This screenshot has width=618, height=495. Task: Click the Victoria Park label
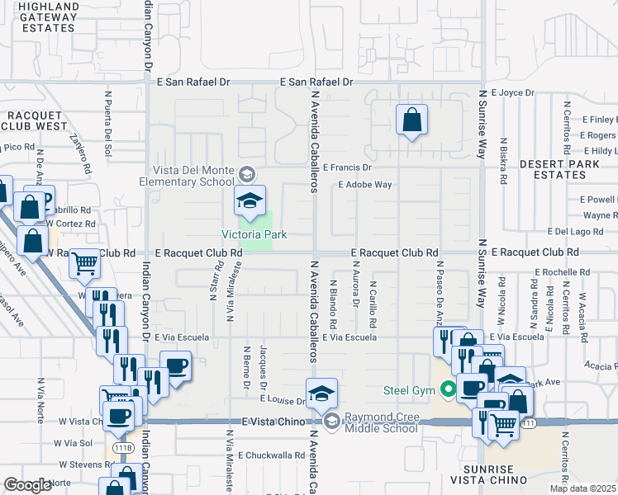pos(254,235)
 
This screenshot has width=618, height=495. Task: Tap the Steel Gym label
pos(408,389)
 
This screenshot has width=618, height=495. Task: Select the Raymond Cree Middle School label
pos(381,422)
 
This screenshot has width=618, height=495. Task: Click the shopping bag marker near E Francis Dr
pos(411,120)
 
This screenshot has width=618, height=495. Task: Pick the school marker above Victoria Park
pos(250,201)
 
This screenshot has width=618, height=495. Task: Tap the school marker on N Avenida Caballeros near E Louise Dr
pos(321,394)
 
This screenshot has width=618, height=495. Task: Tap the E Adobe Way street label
pos(364,185)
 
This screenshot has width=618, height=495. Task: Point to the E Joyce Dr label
pos(512,93)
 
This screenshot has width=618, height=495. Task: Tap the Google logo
pos(27,485)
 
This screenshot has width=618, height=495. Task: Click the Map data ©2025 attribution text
pos(582,488)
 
